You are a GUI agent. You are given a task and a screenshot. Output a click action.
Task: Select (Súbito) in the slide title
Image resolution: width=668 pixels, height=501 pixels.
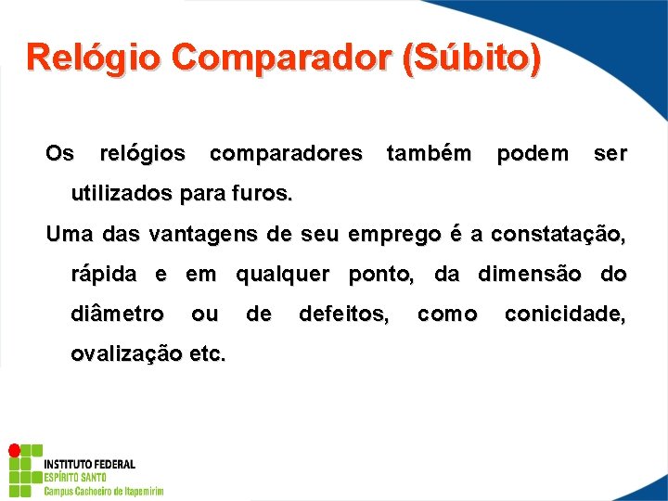(x=471, y=58)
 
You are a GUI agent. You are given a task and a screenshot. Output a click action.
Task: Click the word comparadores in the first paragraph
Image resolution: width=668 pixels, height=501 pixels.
(x=286, y=153)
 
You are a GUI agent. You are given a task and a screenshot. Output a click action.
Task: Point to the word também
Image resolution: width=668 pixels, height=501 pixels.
(x=429, y=153)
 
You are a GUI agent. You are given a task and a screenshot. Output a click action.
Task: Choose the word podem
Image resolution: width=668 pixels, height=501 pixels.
(x=533, y=153)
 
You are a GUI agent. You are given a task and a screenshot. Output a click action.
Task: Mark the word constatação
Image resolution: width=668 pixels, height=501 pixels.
(x=558, y=235)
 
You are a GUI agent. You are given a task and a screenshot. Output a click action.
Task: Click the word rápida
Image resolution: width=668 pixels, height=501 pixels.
(x=103, y=275)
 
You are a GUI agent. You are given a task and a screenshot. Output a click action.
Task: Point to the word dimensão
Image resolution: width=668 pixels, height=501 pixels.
(x=533, y=275)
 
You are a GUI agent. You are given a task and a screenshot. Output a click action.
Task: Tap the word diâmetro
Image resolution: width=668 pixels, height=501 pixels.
(x=118, y=315)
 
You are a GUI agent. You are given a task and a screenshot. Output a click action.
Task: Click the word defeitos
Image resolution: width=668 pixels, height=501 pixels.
(x=343, y=315)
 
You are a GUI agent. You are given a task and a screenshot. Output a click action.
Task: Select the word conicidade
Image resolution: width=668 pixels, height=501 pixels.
(x=564, y=315)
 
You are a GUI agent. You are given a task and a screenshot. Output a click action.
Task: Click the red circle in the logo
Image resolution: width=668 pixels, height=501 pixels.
(x=14, y=450)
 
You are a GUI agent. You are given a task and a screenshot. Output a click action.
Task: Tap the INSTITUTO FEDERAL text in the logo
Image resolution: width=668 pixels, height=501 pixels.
(x=89, y=464)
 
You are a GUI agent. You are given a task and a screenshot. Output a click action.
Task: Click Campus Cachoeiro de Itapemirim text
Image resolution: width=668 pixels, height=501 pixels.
(x=103, y=490)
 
